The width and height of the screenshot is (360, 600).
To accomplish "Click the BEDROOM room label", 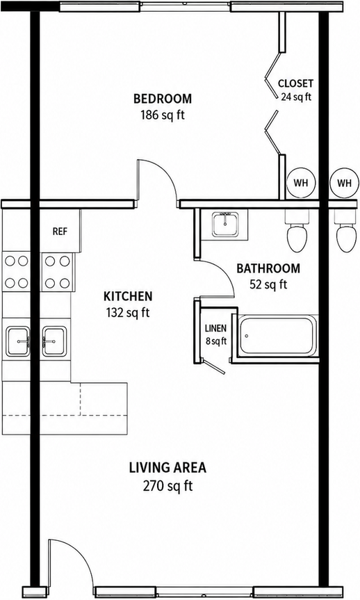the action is pyautogui.click(x=162, y=99).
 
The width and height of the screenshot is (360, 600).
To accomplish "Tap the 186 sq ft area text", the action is pyautogui.click(x=162, y=115).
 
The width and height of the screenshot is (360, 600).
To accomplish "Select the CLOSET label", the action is pyautogui.click(x=295, y=83).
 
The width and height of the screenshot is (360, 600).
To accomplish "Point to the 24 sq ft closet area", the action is pyautogui.click(x=296, y=97).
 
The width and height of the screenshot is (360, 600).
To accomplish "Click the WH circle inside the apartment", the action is pyautogui.click(x=301, y=183).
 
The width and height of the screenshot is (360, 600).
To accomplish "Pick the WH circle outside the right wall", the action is pyautogui.click(x=344, y=183).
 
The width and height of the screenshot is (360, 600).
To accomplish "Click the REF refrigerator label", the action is pyautogui.click(x=60, y=231).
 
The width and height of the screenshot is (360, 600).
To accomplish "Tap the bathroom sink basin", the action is pyautogui.click(x=225, y=225).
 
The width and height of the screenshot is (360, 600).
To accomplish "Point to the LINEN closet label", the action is pyautogui.click(x=215, y=328).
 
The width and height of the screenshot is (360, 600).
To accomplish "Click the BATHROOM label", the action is pyautogui.click(x=268, y=268).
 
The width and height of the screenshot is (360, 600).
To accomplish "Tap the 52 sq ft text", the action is pyautogui.click(x=268, y=284).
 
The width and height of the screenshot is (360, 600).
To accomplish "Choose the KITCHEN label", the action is pyautogui.click(x=128, y=296).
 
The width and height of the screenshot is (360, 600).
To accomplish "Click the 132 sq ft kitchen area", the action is pyautogui.click(x=128, y=313).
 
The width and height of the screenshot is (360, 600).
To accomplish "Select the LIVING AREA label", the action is pyautogui.click(x=167, y=468).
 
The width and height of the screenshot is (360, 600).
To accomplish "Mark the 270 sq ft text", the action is pyautogui.click(x=167, y=486).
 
